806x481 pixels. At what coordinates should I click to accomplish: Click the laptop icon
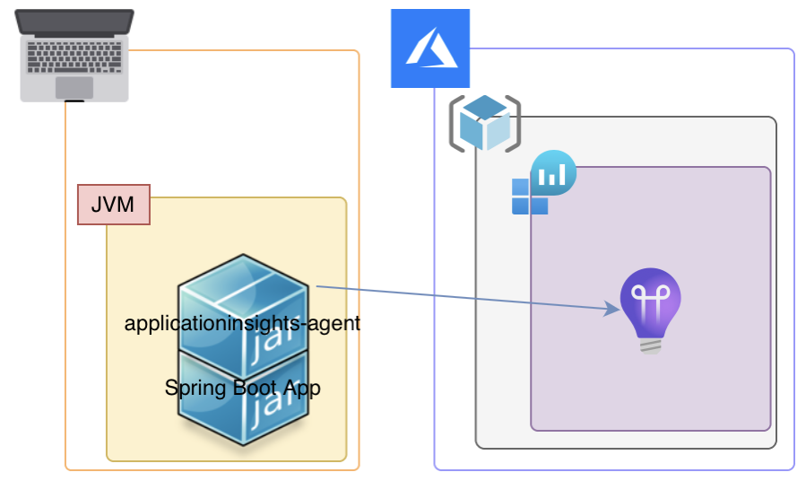[76, 54]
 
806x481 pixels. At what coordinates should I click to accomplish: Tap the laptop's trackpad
[74, 87]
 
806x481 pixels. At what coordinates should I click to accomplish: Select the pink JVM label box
[113, 205]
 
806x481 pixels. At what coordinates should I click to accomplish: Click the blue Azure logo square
[430, 48]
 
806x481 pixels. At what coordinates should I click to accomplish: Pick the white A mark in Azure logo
[431, 50]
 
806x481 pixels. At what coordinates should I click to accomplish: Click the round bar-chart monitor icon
[553, 172]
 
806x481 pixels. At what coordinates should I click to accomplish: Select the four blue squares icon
[529, 197]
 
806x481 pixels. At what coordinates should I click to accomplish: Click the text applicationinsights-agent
[242, 323]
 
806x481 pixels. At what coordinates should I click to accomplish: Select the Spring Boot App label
[242, 389]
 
